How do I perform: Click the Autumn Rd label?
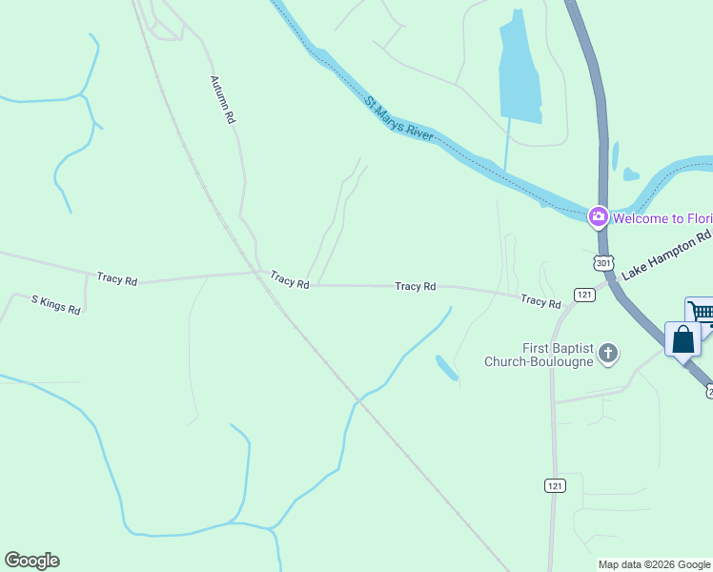click(222, 100)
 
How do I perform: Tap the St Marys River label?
click(399, 119)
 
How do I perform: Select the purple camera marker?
click(598, 217)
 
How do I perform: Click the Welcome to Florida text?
click(662, 218)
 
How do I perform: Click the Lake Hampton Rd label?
click(666, 255)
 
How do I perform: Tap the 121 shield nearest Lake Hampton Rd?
click(584, 295)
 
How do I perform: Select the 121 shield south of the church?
click(555, 485)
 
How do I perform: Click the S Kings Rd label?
click(55, 305)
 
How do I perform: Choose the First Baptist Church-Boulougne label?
click(539, 355)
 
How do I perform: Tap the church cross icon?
click(608, 355)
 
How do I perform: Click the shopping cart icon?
click(701, 313)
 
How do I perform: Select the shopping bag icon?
click(682, 339)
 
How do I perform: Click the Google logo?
click(31, 561)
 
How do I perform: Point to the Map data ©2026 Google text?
click(654, 564)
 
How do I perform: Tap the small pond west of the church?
click(446, 367)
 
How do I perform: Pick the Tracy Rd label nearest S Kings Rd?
click(117, 280)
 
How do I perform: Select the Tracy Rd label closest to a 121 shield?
click(540, 302)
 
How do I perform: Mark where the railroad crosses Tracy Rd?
click(259, 273)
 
